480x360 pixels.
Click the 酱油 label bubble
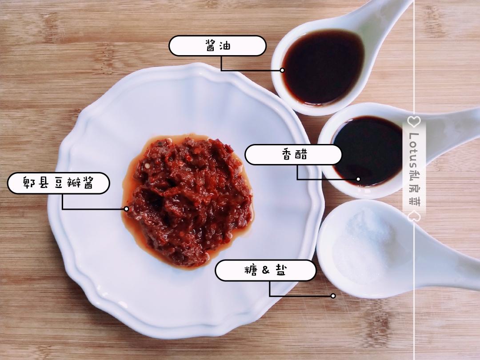[217, 46]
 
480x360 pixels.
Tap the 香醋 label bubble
[293, 155]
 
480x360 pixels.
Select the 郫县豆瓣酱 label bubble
[59, 183]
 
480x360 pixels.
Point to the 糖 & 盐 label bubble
[265, 270]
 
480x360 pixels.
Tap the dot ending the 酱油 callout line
[282, 70]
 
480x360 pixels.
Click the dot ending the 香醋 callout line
[358, 179]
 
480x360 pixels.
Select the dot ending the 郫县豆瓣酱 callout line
[126, 209]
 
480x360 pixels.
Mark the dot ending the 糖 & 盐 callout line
[333, 296]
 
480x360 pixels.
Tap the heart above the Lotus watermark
[414, 121]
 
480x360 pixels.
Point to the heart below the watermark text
[414, 215]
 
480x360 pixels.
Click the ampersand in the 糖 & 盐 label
[266, 270]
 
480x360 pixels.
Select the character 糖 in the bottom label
[251, 270]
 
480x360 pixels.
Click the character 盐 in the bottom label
[281, 270]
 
